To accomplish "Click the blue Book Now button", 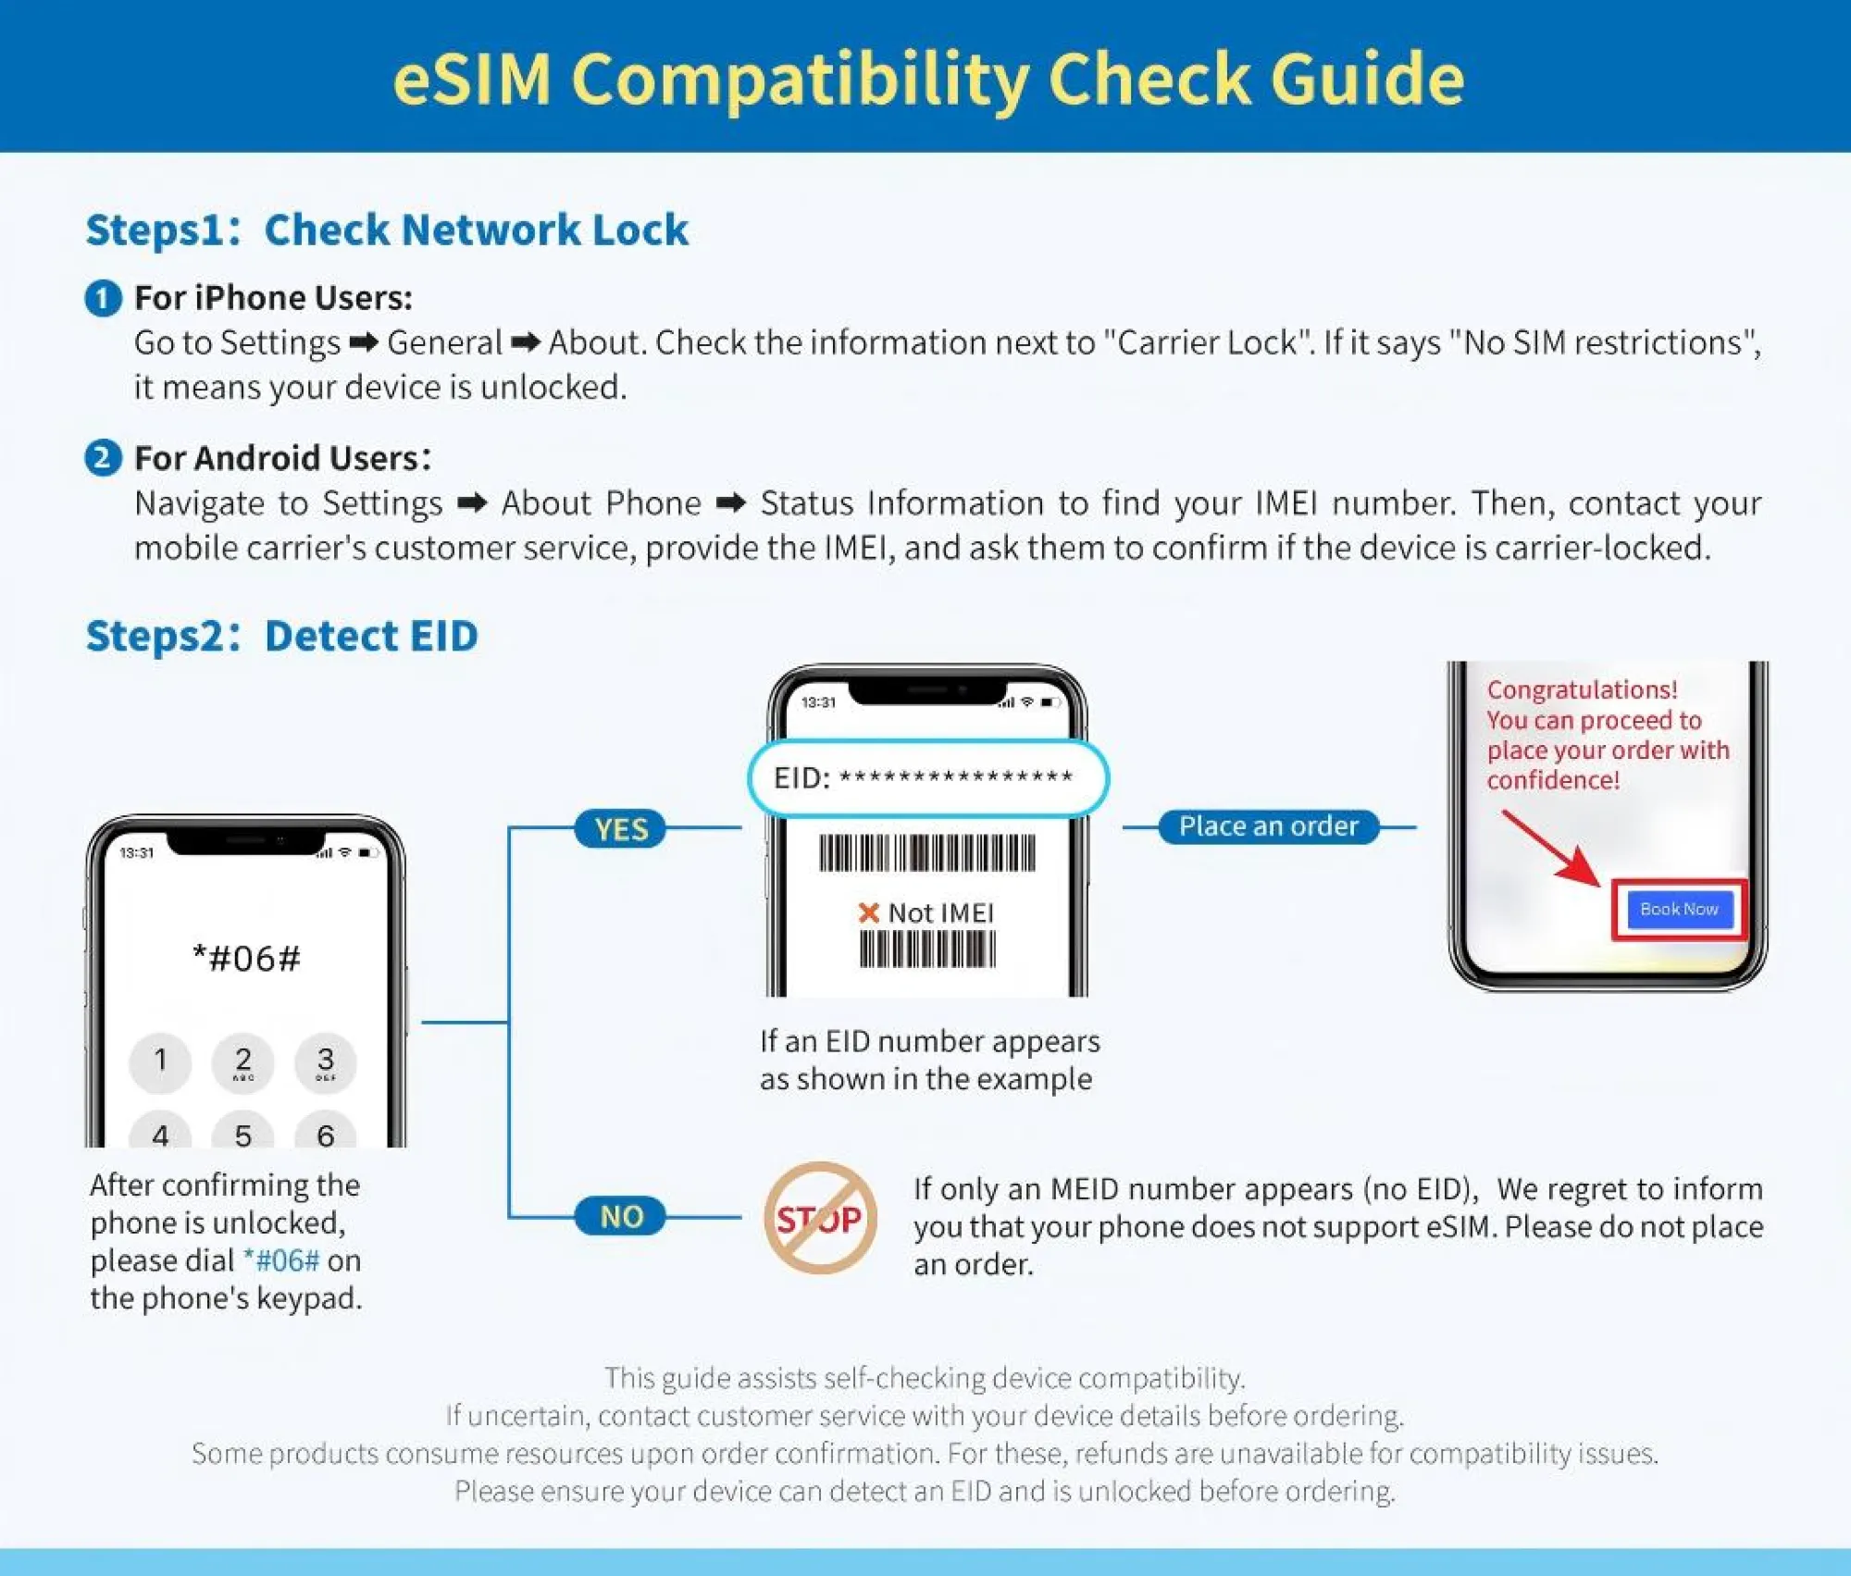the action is coord(1679,910).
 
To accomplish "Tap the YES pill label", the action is coord(620,828).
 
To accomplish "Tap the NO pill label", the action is coord(620,1216).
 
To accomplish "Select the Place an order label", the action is coord(1269,825).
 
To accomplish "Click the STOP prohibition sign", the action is coord(820,1218).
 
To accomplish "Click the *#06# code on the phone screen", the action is coord(246,958).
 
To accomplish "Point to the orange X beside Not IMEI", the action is coord(868,913).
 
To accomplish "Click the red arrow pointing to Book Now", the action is coord(1550,848).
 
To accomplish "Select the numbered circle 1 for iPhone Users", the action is coord(103,298).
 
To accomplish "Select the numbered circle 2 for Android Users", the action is coord(103,458).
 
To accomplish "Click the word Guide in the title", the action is coord(1367,78).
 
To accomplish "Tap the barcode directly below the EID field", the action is coord(926,852).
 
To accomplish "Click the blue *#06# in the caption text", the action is coord(281,1260).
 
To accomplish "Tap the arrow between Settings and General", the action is coord(364,343).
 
